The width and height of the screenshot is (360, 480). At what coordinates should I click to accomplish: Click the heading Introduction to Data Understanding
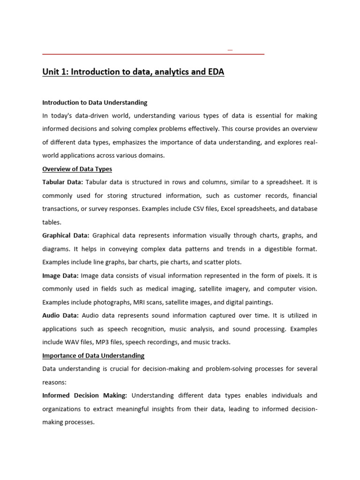coord(95,102)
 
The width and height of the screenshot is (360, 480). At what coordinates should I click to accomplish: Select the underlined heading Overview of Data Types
coord(77,169)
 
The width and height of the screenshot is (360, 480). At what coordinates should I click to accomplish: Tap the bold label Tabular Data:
coord(62,182)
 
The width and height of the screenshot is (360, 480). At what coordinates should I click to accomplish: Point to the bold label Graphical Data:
coord(66,235)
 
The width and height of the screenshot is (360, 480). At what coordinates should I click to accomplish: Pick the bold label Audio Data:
coord(60,315)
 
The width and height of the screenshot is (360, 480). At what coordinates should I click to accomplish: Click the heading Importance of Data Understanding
coord(93,355)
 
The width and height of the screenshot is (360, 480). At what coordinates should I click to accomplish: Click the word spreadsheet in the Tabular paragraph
coord(273,182)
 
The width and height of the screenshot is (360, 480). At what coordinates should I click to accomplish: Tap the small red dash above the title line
coord(230,50)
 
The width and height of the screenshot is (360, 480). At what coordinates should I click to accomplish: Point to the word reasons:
coord(54,382)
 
